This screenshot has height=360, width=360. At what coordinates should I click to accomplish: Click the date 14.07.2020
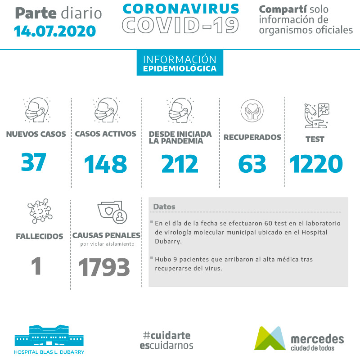(55, 31)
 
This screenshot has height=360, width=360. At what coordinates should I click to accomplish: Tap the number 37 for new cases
(34, 163)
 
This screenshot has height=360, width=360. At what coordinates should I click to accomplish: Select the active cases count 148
(106, 164)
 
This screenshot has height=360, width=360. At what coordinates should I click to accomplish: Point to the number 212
(180, 164)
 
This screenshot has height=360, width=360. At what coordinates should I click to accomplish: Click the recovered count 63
(252, 164)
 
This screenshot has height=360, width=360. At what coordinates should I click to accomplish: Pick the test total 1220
(316, 164)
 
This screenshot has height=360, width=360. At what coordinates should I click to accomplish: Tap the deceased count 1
(36, 266)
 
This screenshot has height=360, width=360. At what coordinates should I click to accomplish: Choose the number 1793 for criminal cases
(104, 268)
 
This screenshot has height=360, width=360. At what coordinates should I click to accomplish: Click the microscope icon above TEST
(316, 115)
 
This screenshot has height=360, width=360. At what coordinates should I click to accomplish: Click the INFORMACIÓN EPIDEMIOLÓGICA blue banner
(180, 64)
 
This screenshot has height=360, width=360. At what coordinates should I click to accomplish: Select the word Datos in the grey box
(164, 207)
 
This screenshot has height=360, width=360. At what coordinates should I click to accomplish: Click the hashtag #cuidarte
(166, 336)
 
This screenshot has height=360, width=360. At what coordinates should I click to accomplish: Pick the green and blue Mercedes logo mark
(270, 338)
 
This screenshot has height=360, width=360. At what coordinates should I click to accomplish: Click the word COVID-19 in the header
(180, 26)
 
